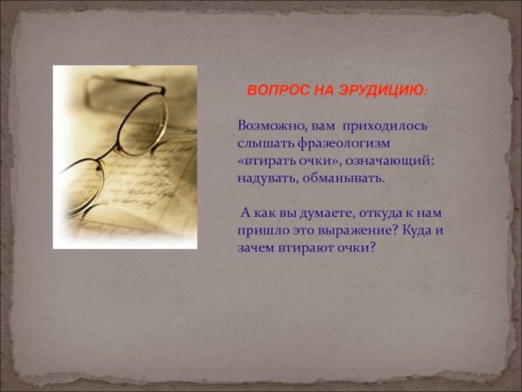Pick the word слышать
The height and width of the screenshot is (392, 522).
[263, 143]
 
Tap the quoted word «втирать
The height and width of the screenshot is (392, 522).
[268, 160]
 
